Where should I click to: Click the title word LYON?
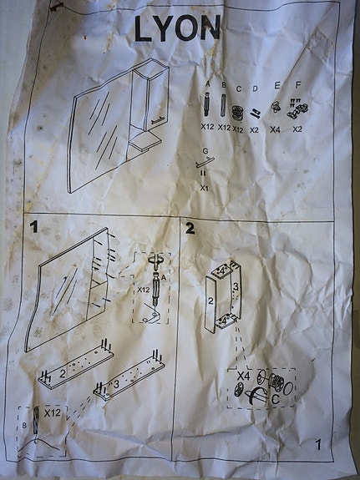(177, 28)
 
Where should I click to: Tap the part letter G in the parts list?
(205, 150)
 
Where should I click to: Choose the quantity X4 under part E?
(275, 129)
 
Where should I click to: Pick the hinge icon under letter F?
(296, 109)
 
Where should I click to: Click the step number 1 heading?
(34, 226)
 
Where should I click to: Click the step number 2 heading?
(190, 228)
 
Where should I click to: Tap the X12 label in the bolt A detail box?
(143, 290)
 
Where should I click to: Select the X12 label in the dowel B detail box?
(53, 413)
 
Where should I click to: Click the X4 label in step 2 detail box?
(242, 377)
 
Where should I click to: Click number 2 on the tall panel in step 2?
(212, 301)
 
